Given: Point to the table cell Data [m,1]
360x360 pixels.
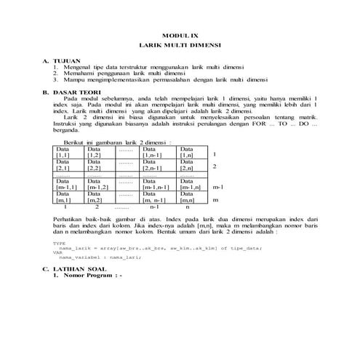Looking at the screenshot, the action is point(63,196).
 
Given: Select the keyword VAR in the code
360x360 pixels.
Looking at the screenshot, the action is point(57,252).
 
